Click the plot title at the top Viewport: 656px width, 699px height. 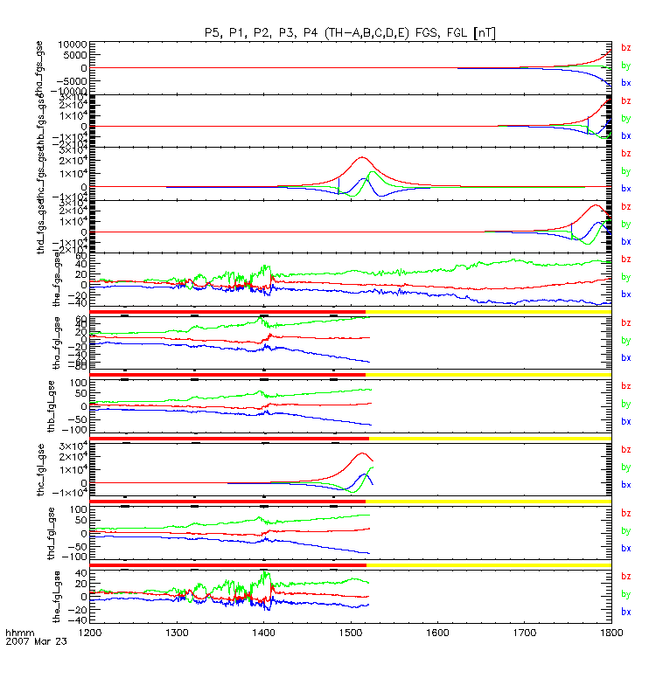point(350,32)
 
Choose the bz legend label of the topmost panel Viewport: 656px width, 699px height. point(626,47)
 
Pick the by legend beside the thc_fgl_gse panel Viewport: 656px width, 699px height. point(626,467)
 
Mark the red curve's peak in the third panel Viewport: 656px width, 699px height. point(361,157)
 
